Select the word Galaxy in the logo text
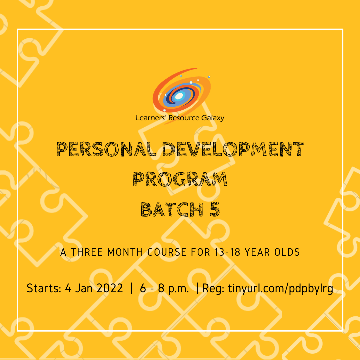tap(213, 118)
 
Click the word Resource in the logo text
tap(184, 118)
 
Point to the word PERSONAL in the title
tap(106, 150)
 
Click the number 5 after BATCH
tap(215, 209)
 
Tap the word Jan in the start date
tap(82, 288)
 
